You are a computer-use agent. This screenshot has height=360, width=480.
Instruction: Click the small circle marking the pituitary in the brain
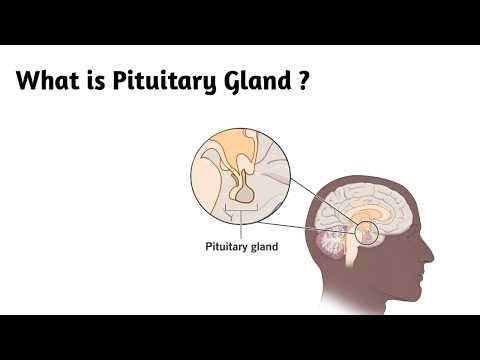(366, 233)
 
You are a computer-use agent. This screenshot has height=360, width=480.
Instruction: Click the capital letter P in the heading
(133, 79)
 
